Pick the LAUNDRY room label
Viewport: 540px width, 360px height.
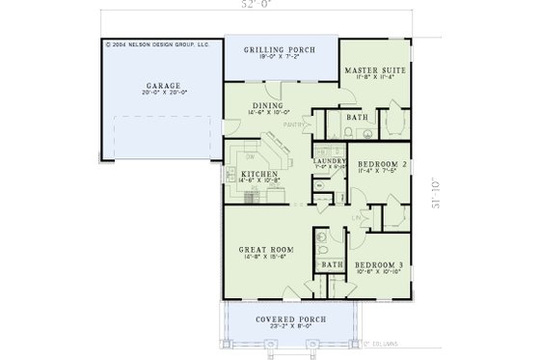(329, 160)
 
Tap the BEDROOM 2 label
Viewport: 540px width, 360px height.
(378, 165)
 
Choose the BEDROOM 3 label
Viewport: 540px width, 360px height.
(376, 263)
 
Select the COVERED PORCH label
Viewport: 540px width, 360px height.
(270, 319)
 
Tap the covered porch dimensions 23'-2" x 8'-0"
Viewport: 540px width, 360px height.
(270, 328)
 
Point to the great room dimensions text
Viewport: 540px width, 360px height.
(266, 258)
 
